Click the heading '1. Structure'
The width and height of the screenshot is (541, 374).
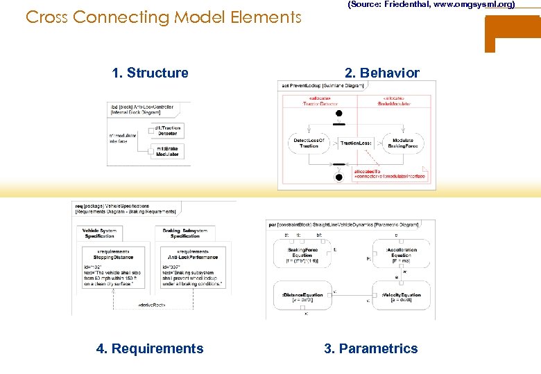point(150,73)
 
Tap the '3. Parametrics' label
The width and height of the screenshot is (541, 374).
point(371,348)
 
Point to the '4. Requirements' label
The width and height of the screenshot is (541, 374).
point(150,348)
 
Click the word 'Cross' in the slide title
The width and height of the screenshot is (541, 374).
point(46,17)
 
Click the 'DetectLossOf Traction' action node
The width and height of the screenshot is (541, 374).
point(309,143)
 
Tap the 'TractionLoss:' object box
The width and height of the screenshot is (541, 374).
point(355,143)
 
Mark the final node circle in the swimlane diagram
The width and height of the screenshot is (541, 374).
point(338,177)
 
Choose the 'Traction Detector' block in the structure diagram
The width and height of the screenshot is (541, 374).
point(166,130)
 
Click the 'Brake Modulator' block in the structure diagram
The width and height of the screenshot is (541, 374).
point(166,151)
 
